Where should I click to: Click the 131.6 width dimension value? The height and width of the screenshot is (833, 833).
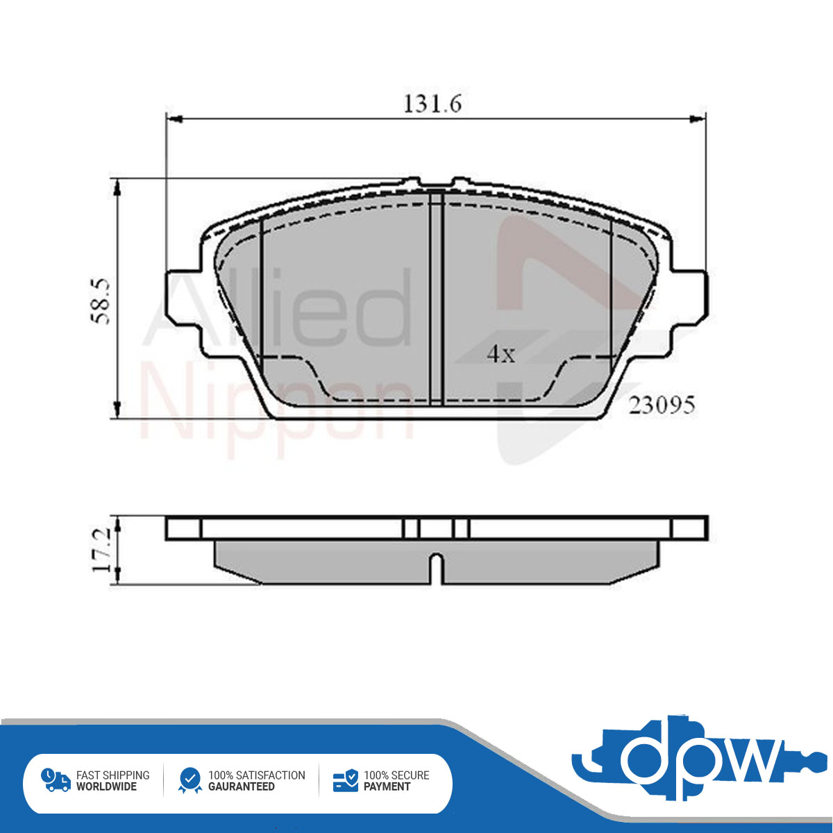[x=432, y=103]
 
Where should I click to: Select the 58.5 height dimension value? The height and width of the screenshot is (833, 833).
[x=100, y=301]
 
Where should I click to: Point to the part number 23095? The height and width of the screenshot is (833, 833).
[x=662, y=405]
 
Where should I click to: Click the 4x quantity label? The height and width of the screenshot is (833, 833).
[x=501, y=355]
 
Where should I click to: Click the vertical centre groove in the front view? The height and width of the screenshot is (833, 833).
[x=437, y=298]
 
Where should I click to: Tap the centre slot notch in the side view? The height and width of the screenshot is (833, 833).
[x=437, y=569]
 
